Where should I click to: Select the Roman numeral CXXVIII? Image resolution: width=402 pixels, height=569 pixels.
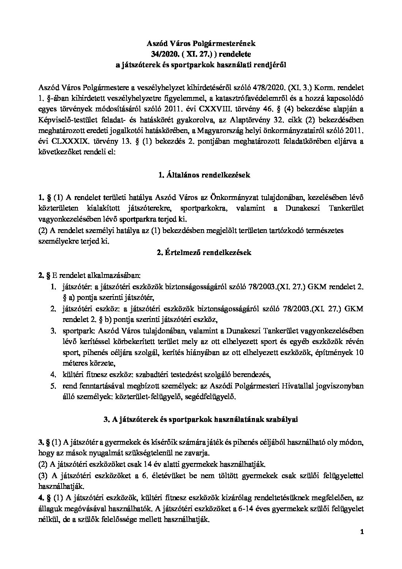pos(237,109)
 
